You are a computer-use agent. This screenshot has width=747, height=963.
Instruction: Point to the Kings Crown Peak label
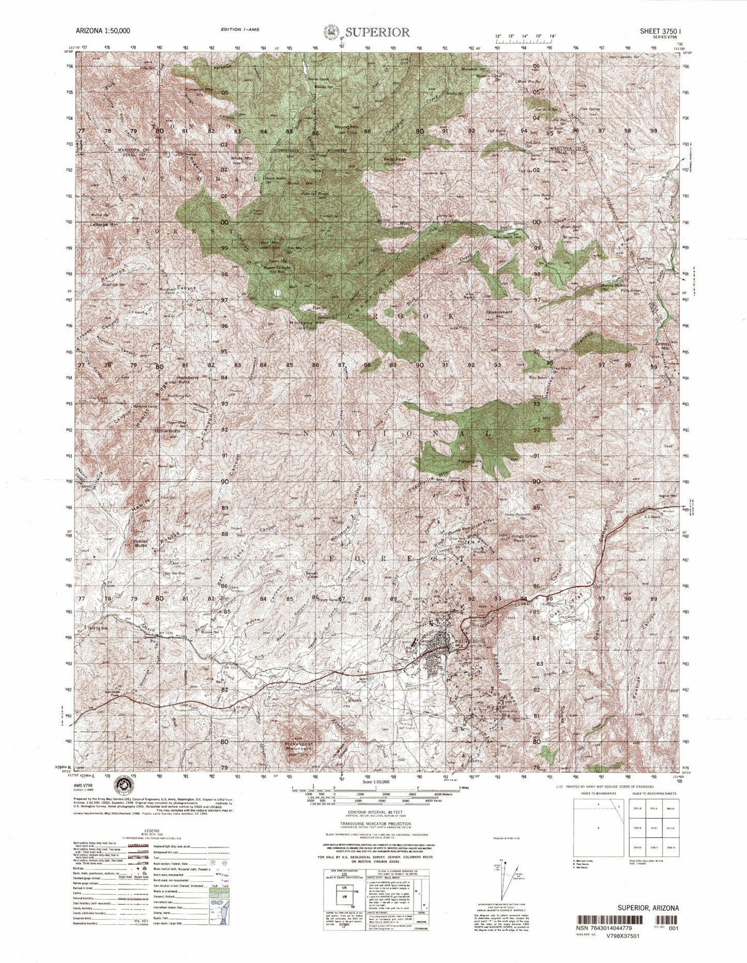pyautogui.click(x=525, y=539)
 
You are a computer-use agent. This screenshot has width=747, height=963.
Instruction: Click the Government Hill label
pyautogui.click(x=499, y=315)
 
